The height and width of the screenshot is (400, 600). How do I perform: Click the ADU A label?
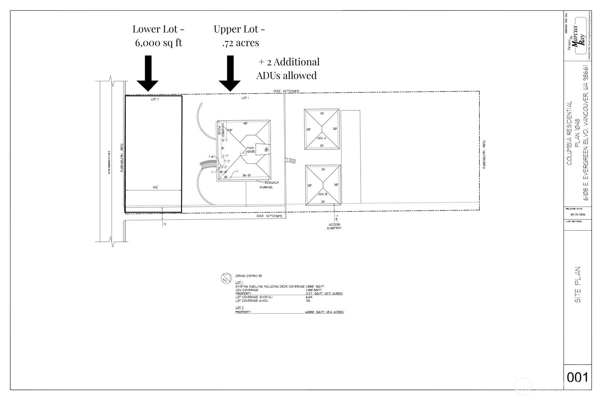(321, 138)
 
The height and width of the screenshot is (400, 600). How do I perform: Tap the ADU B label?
(322, 194)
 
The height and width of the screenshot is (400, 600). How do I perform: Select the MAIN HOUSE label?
(250, 150)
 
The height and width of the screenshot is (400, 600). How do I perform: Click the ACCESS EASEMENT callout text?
(334, 226)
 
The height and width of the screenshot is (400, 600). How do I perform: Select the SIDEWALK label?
(272, 182)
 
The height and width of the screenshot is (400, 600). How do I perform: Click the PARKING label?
(266, 187)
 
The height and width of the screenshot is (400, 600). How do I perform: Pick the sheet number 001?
(577, 377)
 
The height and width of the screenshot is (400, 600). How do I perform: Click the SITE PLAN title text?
(578, 285)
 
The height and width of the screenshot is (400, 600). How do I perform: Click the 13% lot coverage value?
(308, 301)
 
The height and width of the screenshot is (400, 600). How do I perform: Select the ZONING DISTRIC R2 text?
(249, 276)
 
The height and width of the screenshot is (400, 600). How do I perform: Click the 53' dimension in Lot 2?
(155, 187)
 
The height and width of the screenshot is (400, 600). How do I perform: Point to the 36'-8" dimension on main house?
(246, 175)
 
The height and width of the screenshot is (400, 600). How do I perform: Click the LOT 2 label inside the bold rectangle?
(155, 99)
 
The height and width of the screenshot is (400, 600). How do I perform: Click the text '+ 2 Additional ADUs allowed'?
(288, 68)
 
